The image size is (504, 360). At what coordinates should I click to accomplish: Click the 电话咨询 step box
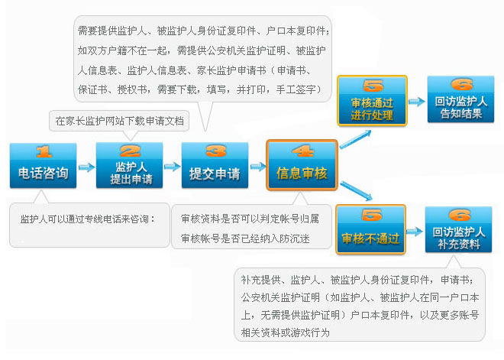tap(43, 165)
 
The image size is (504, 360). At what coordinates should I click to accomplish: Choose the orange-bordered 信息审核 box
tap(302, 165)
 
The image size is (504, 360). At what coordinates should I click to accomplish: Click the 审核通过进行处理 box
tap(372, 100)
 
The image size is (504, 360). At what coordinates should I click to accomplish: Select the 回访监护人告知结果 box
tap(460, 100)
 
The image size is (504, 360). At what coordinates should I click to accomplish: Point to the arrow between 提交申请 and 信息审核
tap(257, 167)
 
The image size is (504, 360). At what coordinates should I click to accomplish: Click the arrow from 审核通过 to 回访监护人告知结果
tap(415, 101)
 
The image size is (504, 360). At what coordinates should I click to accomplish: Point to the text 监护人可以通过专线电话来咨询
tap(87, 219)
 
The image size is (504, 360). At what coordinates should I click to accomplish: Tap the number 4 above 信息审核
tap(302, 151)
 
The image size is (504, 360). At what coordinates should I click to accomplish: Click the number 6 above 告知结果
tap(460, 85)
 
